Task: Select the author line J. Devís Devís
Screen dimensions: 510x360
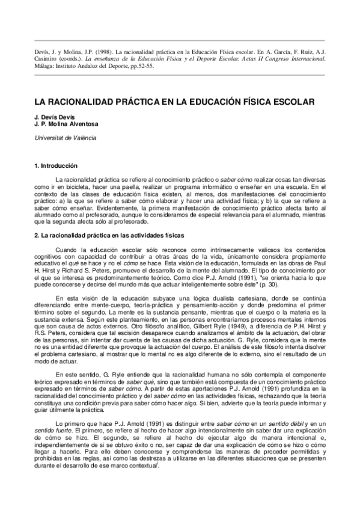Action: (56, 117)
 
